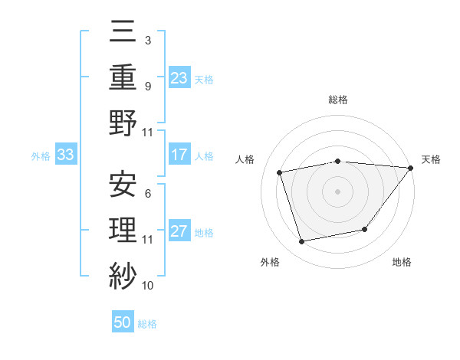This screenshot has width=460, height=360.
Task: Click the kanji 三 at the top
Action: [x=123, y=33]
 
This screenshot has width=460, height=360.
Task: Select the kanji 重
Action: [x=123, y=78]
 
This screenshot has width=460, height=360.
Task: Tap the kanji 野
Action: [x=123, y=123]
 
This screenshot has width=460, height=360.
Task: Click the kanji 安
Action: [x=123, y=185]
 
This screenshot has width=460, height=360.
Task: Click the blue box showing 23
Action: [x=179, y=78]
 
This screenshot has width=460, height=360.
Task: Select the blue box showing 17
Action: [x=179, y=155]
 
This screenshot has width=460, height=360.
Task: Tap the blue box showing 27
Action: [x=179, y=231]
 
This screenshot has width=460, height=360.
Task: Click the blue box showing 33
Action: [x=65, y=155]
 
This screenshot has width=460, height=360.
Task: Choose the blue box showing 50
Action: [x=123, y=322]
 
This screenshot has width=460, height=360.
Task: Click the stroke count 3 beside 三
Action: [x=147, y=41]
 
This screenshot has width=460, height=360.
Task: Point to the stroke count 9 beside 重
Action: [x=147, y=86]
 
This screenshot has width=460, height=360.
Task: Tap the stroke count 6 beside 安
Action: [x=147, y=193]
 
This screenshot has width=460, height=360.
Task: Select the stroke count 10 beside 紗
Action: [x=147, y=285]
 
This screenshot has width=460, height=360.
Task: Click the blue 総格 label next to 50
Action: [x=147, y=324]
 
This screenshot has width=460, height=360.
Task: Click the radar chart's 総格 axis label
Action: [x=337, y=100]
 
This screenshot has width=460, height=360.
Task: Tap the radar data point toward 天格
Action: [x=410, y=168]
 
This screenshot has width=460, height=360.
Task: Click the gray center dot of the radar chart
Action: [x=337, y=191]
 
